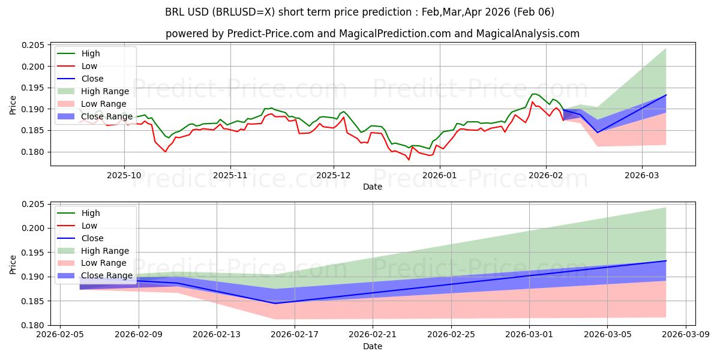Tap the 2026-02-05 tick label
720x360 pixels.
pyautogui.click(x=60, y=335)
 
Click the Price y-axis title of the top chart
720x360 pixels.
pyautogui.click(x=13, y=105)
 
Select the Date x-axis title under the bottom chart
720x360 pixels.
pyautogui.click(x=373, y=346)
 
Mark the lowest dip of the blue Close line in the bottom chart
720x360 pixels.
pyautogui.click(x=275, y=303)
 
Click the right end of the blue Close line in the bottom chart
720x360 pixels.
pyautogui.click(x=666, y=260)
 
